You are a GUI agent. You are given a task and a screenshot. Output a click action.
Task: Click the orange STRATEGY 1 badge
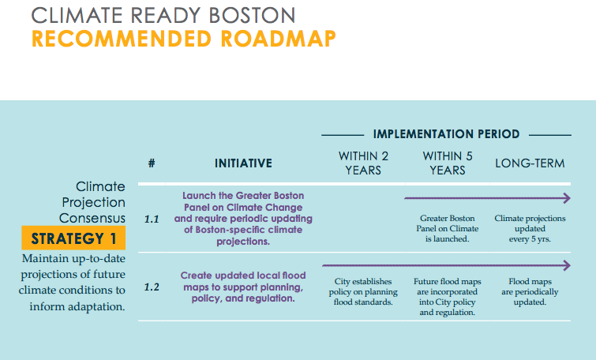(x=73, y=238)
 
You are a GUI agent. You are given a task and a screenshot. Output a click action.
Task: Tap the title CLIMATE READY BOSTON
(x=163, y=14)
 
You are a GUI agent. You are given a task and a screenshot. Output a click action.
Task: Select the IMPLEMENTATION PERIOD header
(x=446, y=134)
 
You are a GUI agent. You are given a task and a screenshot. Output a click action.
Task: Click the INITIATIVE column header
(x=243, y=163)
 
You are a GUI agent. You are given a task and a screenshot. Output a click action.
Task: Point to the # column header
(x=151, y=163)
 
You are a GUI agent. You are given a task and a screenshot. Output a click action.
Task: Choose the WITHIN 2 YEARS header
(x=363, y=163)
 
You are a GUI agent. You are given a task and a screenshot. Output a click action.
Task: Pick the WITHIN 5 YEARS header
(x=448, y=163)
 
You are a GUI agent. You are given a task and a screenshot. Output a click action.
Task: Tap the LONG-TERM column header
(x=530, y=163)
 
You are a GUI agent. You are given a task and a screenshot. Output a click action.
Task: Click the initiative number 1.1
(x=152, y=219)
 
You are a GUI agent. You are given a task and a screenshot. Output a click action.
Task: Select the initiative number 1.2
(x=152, y=287)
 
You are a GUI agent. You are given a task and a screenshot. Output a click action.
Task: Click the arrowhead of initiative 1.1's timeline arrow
(x=566, y=198)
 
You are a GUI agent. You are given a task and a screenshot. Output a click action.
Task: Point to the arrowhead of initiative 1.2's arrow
(x=566, y=265)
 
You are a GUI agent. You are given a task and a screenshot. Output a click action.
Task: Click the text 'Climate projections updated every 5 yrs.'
(x=530, y=228)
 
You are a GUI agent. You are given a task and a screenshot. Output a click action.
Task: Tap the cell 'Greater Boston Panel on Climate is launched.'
(x=448, y=228)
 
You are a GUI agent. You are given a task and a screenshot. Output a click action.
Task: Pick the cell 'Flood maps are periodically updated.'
(x=530, y=291)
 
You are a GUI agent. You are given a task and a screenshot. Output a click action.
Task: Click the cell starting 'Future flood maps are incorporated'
(x=448, y=297)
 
